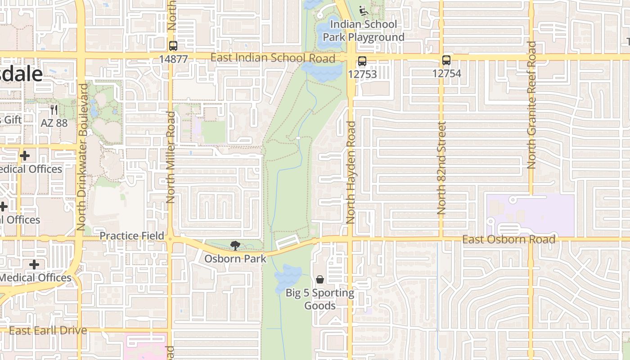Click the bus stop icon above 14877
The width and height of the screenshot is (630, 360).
pos(173,46)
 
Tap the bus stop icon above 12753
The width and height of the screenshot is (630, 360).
pos(362,61)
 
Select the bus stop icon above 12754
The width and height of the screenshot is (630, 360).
pos(446,60)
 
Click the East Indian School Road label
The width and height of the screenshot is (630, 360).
pos(273,58)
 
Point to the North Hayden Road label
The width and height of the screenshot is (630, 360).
pos(351,172)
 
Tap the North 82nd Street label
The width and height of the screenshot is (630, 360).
pos(441,168)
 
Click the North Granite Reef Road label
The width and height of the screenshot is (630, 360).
pos(531,105)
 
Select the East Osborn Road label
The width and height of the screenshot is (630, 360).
pos(508,239)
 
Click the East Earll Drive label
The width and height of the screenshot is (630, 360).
pos(48,331)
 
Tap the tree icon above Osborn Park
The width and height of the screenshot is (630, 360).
pos(235,246)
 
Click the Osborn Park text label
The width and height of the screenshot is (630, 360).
pos(235,259)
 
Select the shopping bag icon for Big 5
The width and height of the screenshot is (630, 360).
pos(319,280)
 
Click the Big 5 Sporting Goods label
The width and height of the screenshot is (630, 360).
pos(320,299)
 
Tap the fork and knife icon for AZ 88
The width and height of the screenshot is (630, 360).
pos(54,110)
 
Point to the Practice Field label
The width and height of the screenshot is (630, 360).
pos(132,236)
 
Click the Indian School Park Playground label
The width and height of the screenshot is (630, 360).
pos(364,31)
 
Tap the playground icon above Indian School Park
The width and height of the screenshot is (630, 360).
pos(364,10)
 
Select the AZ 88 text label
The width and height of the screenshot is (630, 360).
pos(54,123)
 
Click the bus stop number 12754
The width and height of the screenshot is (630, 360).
pos(446,73)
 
